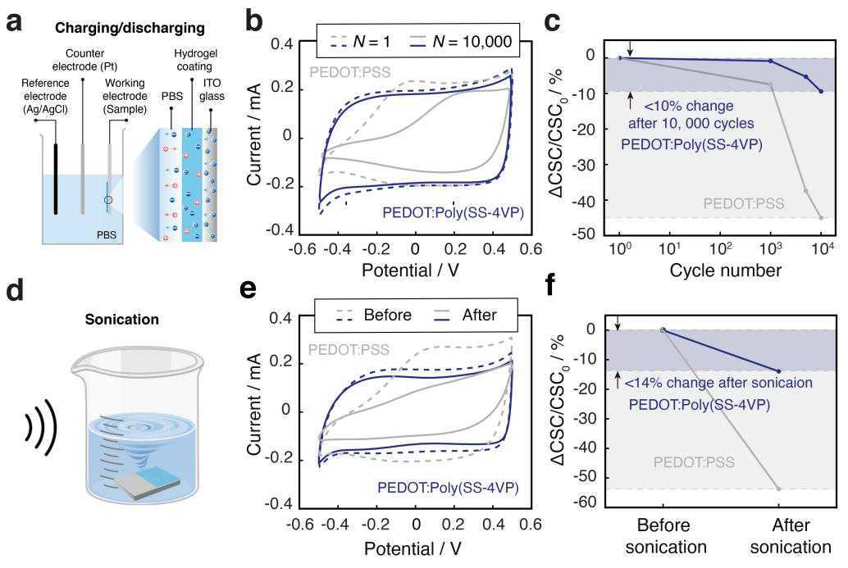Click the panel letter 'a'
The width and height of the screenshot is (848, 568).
click(x=15, y=23)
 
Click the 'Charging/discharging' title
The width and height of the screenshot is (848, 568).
click(x=130, y=28)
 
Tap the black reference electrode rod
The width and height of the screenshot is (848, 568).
click(x=56, y=179)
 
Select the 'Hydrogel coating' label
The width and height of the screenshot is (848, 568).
click(x=195, y=60)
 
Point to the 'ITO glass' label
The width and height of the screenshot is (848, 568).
click(x=212, y=89)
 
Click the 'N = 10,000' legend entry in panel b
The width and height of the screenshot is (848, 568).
click(x=460, y=42)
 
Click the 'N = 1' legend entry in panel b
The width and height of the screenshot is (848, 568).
click(x=360, y=42)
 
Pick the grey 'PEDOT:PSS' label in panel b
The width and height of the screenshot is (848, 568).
click(x=350, y=72)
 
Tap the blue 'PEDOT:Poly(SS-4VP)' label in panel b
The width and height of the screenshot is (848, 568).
click(x=454, y=212)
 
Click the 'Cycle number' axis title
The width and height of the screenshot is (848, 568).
click(x=725, y=270)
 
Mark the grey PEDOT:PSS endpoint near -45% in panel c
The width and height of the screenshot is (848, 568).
click(x=821, y=218)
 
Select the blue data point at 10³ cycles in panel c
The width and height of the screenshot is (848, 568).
click(x=771, y=61)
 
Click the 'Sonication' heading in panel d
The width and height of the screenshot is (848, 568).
click(x=121, y=320)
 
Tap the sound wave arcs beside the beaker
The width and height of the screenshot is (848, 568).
click(x=42, y=427)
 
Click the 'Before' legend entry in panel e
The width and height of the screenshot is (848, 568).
click(x=374, y=315)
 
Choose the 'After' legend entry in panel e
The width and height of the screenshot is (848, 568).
click(x=466, y=315)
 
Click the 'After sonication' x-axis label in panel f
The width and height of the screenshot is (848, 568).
click(x=791, y=535)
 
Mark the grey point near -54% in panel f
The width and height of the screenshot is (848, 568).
click(x=779, y=489)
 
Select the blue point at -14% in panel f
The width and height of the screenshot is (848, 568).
click(x=779, y=371)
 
